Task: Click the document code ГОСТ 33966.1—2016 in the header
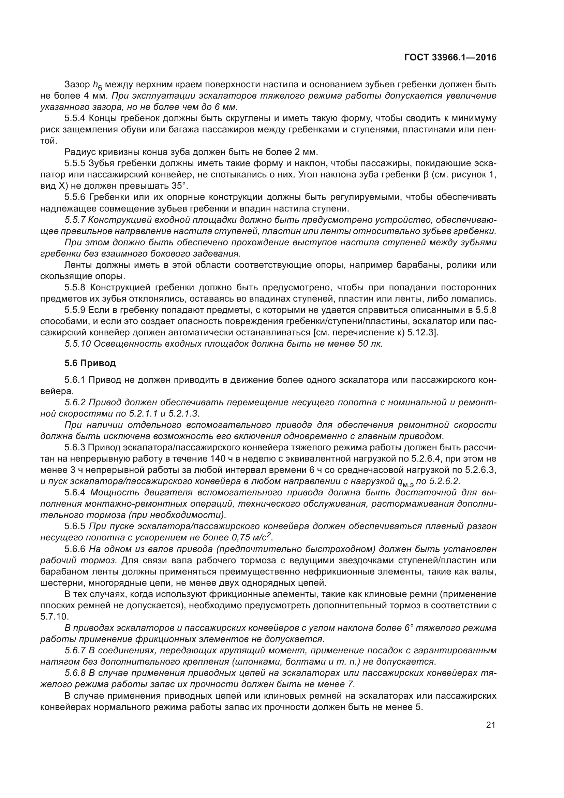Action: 450,57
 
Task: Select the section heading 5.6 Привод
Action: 90,363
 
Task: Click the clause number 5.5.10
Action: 77,344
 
